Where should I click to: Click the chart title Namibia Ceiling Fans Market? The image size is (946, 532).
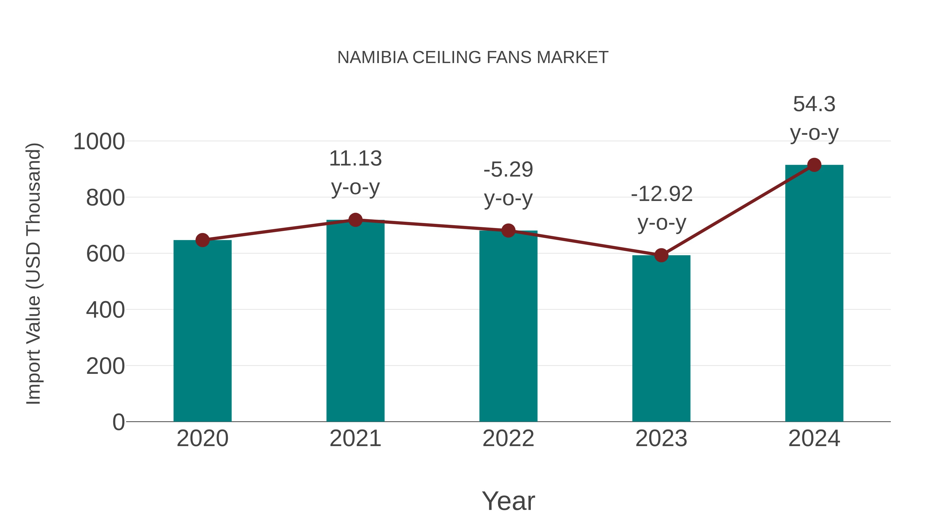click(473, 58)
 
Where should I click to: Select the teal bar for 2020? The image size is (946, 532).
click(202, 330)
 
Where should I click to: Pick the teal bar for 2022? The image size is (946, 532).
click(508, 327)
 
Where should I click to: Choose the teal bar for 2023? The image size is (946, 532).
click(661, 338)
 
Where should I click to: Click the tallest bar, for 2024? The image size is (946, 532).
click(814, 294)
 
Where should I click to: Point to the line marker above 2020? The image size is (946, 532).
click(202, 240)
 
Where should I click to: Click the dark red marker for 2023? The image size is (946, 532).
click(661, 255)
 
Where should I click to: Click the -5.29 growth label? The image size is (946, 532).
click(508, 170)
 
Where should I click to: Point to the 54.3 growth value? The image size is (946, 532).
click(814, 104)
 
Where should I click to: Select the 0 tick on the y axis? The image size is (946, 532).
click(118, 422)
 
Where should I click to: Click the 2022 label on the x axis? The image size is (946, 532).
click(508, 438)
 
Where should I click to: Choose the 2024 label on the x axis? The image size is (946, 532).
click(814, 438)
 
